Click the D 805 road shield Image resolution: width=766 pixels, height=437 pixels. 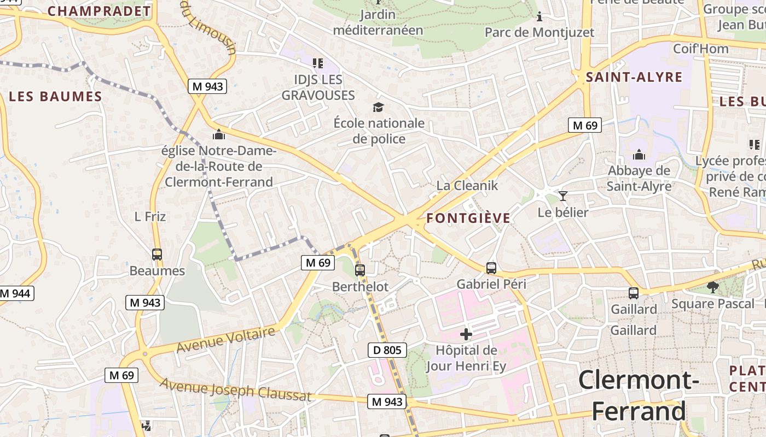point(387,350)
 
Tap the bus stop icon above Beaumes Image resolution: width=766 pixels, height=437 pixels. point(157,254)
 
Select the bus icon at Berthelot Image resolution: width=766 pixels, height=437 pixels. point(360,270)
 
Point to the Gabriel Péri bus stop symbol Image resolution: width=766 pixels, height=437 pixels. point(491,268)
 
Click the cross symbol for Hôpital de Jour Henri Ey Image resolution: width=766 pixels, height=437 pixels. point(466,334)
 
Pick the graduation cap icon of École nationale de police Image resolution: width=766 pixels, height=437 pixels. point(378,107)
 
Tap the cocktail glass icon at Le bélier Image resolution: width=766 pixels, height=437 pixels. point(563,196)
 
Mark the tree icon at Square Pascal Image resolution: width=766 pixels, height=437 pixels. point(712,287)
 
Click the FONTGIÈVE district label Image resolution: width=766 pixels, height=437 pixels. point(468,218)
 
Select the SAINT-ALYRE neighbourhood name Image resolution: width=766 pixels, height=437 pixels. point(634,77)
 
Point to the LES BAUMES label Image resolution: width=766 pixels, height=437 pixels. point(56,97)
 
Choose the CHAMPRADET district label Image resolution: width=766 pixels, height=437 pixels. point(99,11)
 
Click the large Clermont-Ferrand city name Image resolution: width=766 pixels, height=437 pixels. point(639,395)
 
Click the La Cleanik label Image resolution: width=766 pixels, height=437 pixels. point(467,186)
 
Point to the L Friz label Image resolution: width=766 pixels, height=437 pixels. point(150,216)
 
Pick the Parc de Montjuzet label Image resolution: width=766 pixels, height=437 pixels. point(539,32)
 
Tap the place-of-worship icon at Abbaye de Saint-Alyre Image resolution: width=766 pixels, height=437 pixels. point(639,155)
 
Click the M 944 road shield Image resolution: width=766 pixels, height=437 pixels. point(15,293)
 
